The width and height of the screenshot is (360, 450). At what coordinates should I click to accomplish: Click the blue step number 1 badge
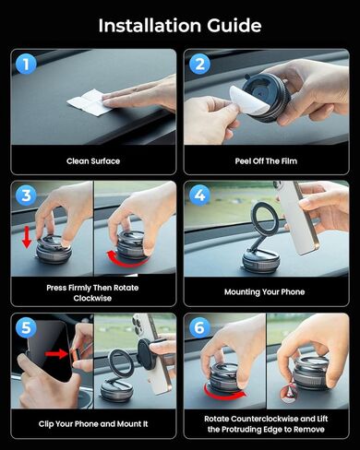pyautogui.click(x=26, y=64)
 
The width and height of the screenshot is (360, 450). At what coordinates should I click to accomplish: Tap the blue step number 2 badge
pyautogui.click(x=199, y=64)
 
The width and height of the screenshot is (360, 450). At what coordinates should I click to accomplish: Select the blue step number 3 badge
pyautogui.click(x=26, y=195)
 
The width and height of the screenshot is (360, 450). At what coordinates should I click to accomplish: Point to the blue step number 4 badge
pyautogui.click(x=199, y=195)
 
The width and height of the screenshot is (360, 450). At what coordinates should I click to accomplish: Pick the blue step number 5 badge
pyautogui.click(x=26, y=327)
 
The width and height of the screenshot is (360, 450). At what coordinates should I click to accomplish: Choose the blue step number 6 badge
pyautogui.click(x=199, y=327)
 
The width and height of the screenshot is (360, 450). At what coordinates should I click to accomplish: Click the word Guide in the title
pyautogui.click(x=234, y=25)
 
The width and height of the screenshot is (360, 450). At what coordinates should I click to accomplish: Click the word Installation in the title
pyautogui.click(x=150, y=25)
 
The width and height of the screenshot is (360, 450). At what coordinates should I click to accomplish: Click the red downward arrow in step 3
pyautogui.click(x=27, y=236)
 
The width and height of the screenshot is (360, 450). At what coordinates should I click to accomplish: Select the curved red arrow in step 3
pyautogui.click(x=126, y=260)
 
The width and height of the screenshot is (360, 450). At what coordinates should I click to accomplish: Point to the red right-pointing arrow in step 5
pyautogui.click(x=56, y=354)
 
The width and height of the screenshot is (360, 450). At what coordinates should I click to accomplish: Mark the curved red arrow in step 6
pyautogui.click(x=224, y=393)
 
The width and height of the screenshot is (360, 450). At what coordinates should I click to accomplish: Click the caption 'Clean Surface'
pyautogui.click(x=93, y=161)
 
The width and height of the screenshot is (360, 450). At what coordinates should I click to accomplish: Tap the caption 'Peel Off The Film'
pyautogui.click(x=266, y=161)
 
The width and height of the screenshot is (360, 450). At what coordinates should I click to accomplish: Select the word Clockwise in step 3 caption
pyautogui.click(x=92, y=298)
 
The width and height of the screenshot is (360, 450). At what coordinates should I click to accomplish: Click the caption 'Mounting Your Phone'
pyautogui.click(x=265, y=292)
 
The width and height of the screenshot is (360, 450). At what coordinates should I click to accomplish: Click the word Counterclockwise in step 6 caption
pyautogui.click(x=264, y=419)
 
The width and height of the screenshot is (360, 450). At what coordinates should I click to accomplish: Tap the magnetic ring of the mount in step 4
pyautogui.click(x=265, y=215)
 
